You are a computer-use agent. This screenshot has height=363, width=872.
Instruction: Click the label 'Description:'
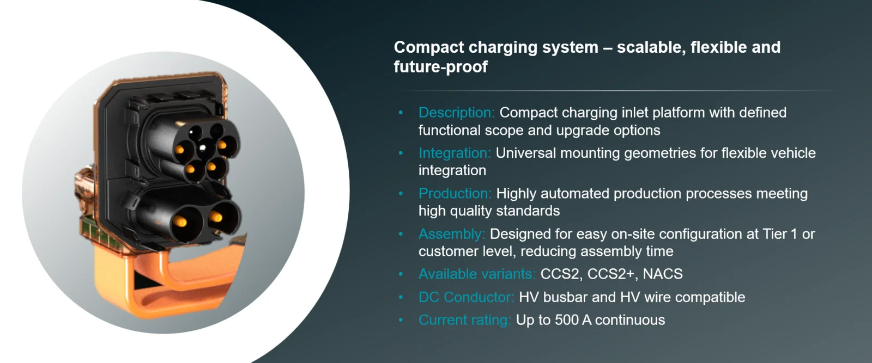[x=456, y=113]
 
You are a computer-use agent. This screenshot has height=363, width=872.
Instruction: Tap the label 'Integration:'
[x=455, y=153]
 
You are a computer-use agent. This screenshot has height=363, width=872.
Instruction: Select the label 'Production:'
[x=455, y=194]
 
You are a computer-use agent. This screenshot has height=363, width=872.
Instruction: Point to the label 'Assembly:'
[x=452, y=234]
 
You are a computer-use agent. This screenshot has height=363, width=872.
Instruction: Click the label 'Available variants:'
[x=477, y=274]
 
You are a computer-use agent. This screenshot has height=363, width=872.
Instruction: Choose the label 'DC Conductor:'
[x=466, y=297]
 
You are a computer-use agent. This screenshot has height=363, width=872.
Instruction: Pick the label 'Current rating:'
[x=464, y=320]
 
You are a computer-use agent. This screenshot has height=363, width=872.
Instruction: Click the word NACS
[x=663, y=274]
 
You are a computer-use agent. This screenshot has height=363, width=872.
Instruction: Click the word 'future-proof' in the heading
[x=441, y=67]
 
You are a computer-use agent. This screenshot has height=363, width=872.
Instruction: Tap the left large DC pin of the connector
[x=180, y=221]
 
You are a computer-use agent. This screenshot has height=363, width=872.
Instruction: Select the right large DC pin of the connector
[x=216, y=217]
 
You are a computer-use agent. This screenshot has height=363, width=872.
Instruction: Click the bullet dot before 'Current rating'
[x=401, y=320]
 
